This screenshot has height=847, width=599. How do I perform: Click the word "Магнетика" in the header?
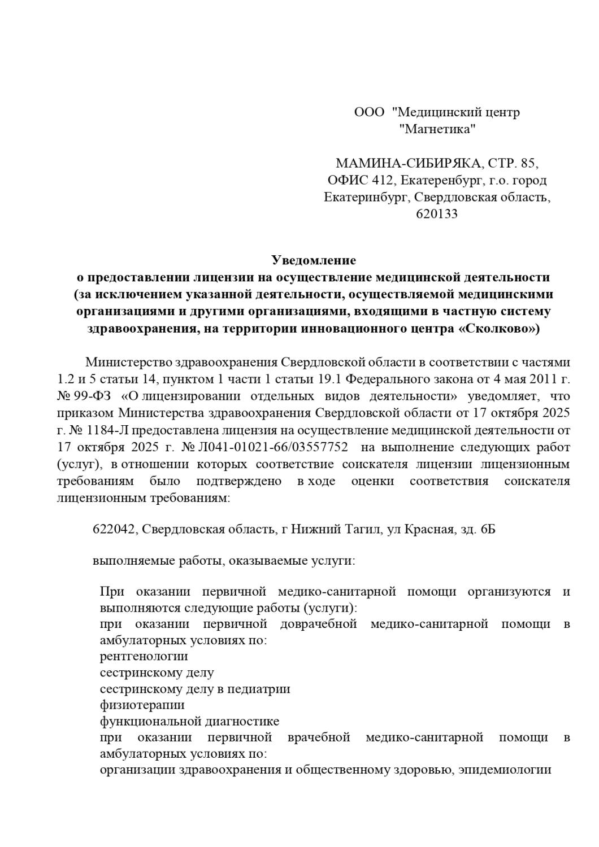pos(437,129)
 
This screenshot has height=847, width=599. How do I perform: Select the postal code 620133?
pos(437,214)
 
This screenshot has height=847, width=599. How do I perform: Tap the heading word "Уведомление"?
pos(314,260)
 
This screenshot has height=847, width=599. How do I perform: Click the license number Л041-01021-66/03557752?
pos(272,448)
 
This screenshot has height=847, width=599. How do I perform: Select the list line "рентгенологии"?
pos(144,656)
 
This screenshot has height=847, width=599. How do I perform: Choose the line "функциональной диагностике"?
pos(189,722)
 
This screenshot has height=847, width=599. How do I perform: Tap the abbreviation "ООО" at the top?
pos(369,112)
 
